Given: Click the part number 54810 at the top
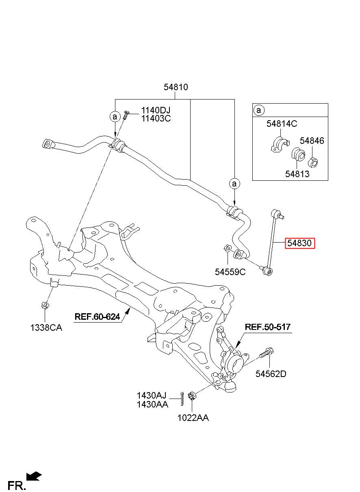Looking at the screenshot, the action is (x=176, y=87).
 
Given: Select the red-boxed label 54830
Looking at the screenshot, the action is (x=299, y=243).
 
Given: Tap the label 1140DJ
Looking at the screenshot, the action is (x=156, y=110).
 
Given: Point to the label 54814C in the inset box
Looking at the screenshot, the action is (x=282, y=124).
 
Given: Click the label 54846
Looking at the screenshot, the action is (x=312, y=141).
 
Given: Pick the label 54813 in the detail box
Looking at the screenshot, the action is (x=297, y=174).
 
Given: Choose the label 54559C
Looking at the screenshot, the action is (x=230, y=272).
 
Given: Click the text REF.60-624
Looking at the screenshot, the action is (x=97, y=316).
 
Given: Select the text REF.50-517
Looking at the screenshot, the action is (x=267, y=327).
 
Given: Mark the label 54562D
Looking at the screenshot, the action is (x=271, y=374).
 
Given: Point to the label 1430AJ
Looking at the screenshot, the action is (x=152, y=395).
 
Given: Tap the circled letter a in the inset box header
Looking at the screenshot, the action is (x=258, y=110).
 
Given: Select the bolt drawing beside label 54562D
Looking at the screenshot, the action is (x=266, y=353).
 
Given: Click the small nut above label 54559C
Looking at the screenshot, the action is (x=228, y=248).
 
